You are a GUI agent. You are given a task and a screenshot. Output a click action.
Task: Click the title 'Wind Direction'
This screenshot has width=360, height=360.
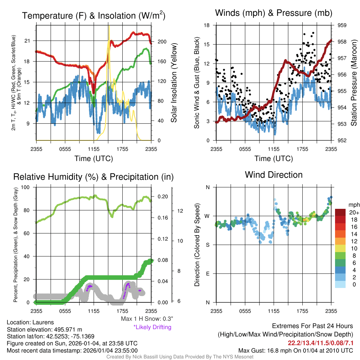(274, 175)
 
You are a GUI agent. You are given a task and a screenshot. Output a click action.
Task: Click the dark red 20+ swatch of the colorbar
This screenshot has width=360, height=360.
(340, 212)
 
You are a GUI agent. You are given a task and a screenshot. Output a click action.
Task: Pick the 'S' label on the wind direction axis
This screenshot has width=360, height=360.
(208, 245)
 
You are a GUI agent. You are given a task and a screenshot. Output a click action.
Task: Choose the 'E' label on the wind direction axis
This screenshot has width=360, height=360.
(208, 274)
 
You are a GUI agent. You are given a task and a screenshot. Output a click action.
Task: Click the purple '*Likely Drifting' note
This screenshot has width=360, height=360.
(152, 327)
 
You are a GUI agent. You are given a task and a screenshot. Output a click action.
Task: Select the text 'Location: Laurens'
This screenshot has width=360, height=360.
(31, 322)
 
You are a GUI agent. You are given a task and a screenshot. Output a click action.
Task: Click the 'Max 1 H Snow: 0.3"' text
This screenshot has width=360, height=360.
(147, 319)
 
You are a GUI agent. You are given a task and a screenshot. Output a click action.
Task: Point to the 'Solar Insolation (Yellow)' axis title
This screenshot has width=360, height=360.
(174, 83)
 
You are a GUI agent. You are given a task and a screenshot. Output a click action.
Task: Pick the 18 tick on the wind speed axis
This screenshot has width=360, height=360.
(207, 25)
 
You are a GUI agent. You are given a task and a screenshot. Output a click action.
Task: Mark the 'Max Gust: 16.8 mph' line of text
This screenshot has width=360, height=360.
(295, 351)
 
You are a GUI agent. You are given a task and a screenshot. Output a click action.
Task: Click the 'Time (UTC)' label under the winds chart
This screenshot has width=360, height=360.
(274, 159)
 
